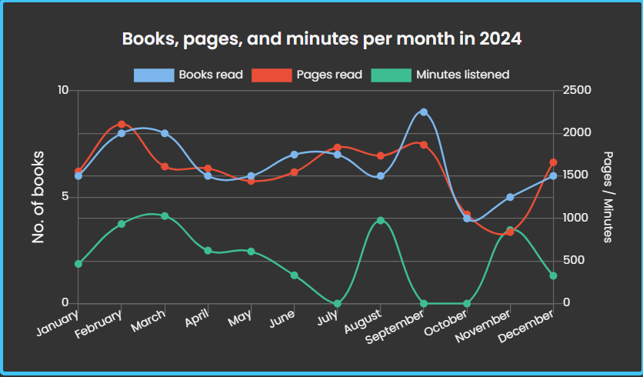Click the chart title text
(321, 38)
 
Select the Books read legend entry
(188, 75)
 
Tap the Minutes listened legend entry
(440, 75)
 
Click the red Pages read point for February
(122, 124)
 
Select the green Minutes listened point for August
(381, 221)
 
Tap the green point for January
(78, 264)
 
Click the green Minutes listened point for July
(338, 303)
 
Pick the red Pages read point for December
(553, 162)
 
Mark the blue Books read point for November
(510, 197)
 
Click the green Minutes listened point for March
(165, 216)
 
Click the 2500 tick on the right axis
(577, 91)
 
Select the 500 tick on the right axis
(574, 261)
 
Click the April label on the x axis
(198, 319)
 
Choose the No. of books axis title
(38, 197)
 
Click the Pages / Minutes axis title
(608, 197)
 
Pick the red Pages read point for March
(165, 166)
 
